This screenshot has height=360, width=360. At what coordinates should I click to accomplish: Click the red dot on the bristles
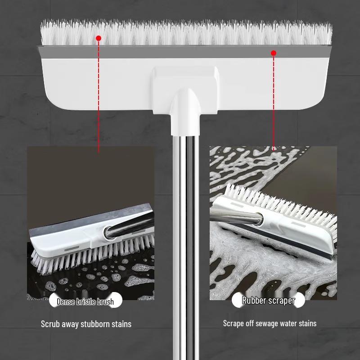coord(99,39)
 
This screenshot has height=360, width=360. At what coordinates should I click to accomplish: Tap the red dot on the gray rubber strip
coord(273,53)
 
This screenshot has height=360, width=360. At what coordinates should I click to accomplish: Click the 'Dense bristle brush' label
coord(85,301)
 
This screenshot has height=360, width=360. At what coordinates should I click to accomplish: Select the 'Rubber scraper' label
coord(268,301)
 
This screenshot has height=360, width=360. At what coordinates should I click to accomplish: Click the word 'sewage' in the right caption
coord(265,323)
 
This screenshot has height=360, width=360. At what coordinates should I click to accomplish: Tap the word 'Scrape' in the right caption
coord(234,323)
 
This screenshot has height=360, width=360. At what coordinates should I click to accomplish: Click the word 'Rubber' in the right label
coord(254,301)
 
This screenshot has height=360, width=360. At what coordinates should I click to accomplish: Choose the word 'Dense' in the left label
coord(66,301)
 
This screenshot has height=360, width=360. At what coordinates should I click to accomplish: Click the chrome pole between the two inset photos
coord(185,225)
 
